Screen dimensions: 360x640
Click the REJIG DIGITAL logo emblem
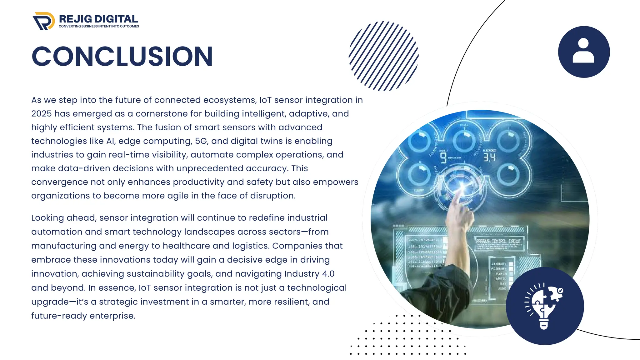point(43,21)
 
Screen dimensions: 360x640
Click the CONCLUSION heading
point(122,57)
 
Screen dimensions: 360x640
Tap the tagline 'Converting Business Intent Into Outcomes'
point(99,27)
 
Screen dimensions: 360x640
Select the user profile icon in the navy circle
point(583,52)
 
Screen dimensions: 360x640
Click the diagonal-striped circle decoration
point(383,56)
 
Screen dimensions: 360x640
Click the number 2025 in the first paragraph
point(41,114)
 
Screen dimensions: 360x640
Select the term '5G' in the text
point(201,141)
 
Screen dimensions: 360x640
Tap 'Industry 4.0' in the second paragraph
point(309,274)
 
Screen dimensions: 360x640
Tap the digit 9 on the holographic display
point(443,157)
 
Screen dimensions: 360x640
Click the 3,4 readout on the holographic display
point(489,157)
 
